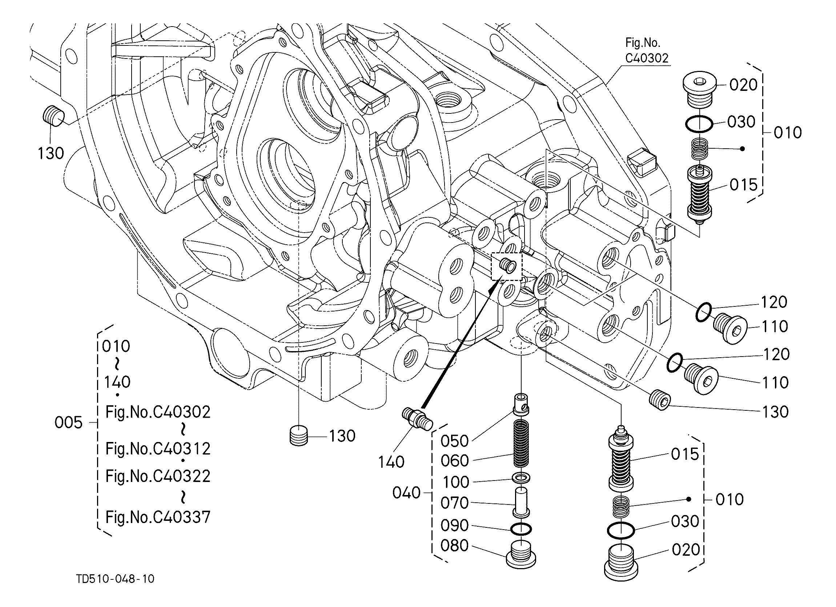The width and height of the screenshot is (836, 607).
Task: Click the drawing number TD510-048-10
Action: point(115,579)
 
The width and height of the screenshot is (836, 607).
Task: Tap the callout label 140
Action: point(391,462)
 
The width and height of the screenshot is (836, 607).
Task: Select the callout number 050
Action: point(454,441)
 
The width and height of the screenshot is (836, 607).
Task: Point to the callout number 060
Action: point(454,461)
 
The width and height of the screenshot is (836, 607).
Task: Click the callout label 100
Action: point(455,482)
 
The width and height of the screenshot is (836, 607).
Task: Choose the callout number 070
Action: point(454,503)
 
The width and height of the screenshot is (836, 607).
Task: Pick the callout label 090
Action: point(454,526)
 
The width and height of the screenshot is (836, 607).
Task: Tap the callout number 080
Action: point(454,546)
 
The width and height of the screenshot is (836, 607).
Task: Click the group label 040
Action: point(406,493)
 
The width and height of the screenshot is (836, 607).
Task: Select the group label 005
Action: point(69,422)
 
